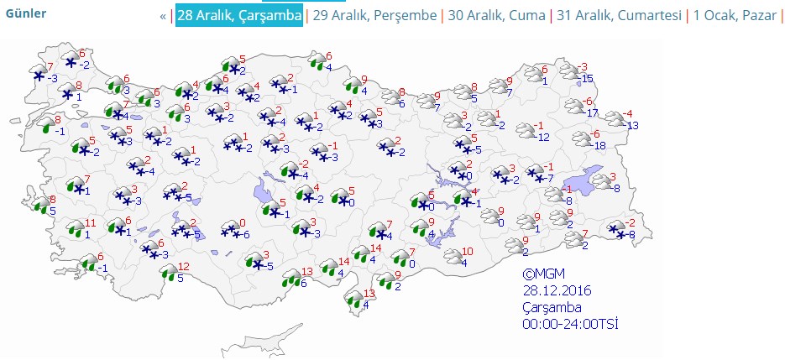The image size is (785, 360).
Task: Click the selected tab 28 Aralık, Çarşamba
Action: pos(239,16)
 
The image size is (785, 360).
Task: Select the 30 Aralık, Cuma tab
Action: pos(495,16)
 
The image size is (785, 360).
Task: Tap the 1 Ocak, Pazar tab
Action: pos(734,16)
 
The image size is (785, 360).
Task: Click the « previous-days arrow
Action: pos(163,16)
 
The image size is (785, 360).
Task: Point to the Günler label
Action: pos(26,13)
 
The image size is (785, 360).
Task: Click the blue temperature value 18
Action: pos(599,145)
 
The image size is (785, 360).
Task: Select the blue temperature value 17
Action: pos(592,113)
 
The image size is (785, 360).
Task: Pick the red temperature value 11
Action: pos(91,222)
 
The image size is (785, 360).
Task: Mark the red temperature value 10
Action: pos(468,251)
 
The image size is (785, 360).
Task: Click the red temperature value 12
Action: pos(184,267)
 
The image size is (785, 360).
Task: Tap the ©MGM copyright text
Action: pos(541,274)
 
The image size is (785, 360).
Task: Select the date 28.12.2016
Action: pos(557,290)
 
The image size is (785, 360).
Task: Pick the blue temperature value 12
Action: pos(543,137)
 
